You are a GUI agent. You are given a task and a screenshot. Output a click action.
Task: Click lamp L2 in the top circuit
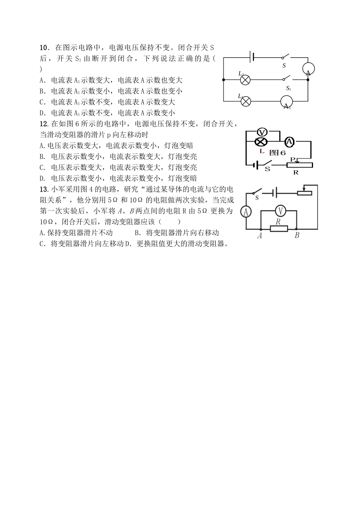246,80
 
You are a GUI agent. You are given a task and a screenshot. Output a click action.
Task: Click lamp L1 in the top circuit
246,101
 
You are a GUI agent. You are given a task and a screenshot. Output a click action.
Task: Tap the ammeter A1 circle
287,102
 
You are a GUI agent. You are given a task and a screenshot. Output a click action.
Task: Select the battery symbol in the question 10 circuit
252,57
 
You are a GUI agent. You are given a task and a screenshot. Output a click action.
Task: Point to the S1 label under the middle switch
288,88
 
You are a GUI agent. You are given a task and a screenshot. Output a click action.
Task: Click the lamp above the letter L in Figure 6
261,142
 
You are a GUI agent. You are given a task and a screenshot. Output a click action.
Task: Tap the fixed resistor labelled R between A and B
279,228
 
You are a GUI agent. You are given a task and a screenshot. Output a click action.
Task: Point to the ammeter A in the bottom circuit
246,211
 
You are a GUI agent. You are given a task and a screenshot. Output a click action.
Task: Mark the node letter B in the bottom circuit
297,236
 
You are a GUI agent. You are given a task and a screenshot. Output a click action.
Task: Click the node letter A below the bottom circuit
260,236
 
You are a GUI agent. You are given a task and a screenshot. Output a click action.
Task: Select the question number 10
44,48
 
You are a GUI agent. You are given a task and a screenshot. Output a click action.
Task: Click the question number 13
43,189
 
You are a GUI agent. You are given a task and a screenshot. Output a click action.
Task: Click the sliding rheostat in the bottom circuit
304,192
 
